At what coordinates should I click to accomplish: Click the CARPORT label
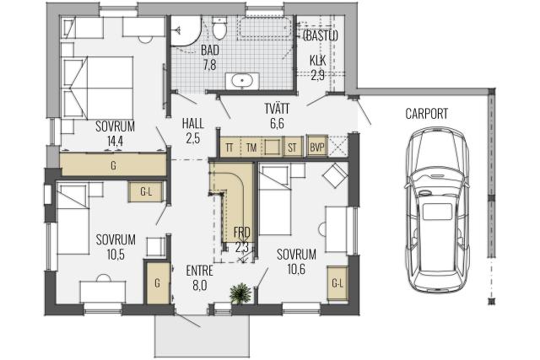point(426,114)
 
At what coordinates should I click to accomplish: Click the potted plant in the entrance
point(240,293)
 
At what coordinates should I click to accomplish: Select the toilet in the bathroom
point(219,28)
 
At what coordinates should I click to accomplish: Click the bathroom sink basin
point(242,81)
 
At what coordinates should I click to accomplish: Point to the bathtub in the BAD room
point(265,27)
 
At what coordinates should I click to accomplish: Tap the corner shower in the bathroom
point(186,31)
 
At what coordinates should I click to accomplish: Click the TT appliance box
point(229,148)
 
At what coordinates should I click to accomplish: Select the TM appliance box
point(251,148)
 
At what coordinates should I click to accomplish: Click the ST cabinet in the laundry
point(292,148)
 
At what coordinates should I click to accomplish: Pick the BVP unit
point(317,148)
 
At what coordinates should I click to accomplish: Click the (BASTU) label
point(321,35)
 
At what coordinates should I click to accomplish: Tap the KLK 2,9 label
point(317,67)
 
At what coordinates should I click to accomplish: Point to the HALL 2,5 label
point(193,131)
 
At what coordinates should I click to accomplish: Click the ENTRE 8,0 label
point(199,277)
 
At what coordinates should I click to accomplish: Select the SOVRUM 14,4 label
point(115,133)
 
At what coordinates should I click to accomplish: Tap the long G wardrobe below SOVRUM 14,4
point(113,165)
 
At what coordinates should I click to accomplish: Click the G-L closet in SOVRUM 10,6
point(337,283)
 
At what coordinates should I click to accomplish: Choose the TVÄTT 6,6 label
point(277,116)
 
